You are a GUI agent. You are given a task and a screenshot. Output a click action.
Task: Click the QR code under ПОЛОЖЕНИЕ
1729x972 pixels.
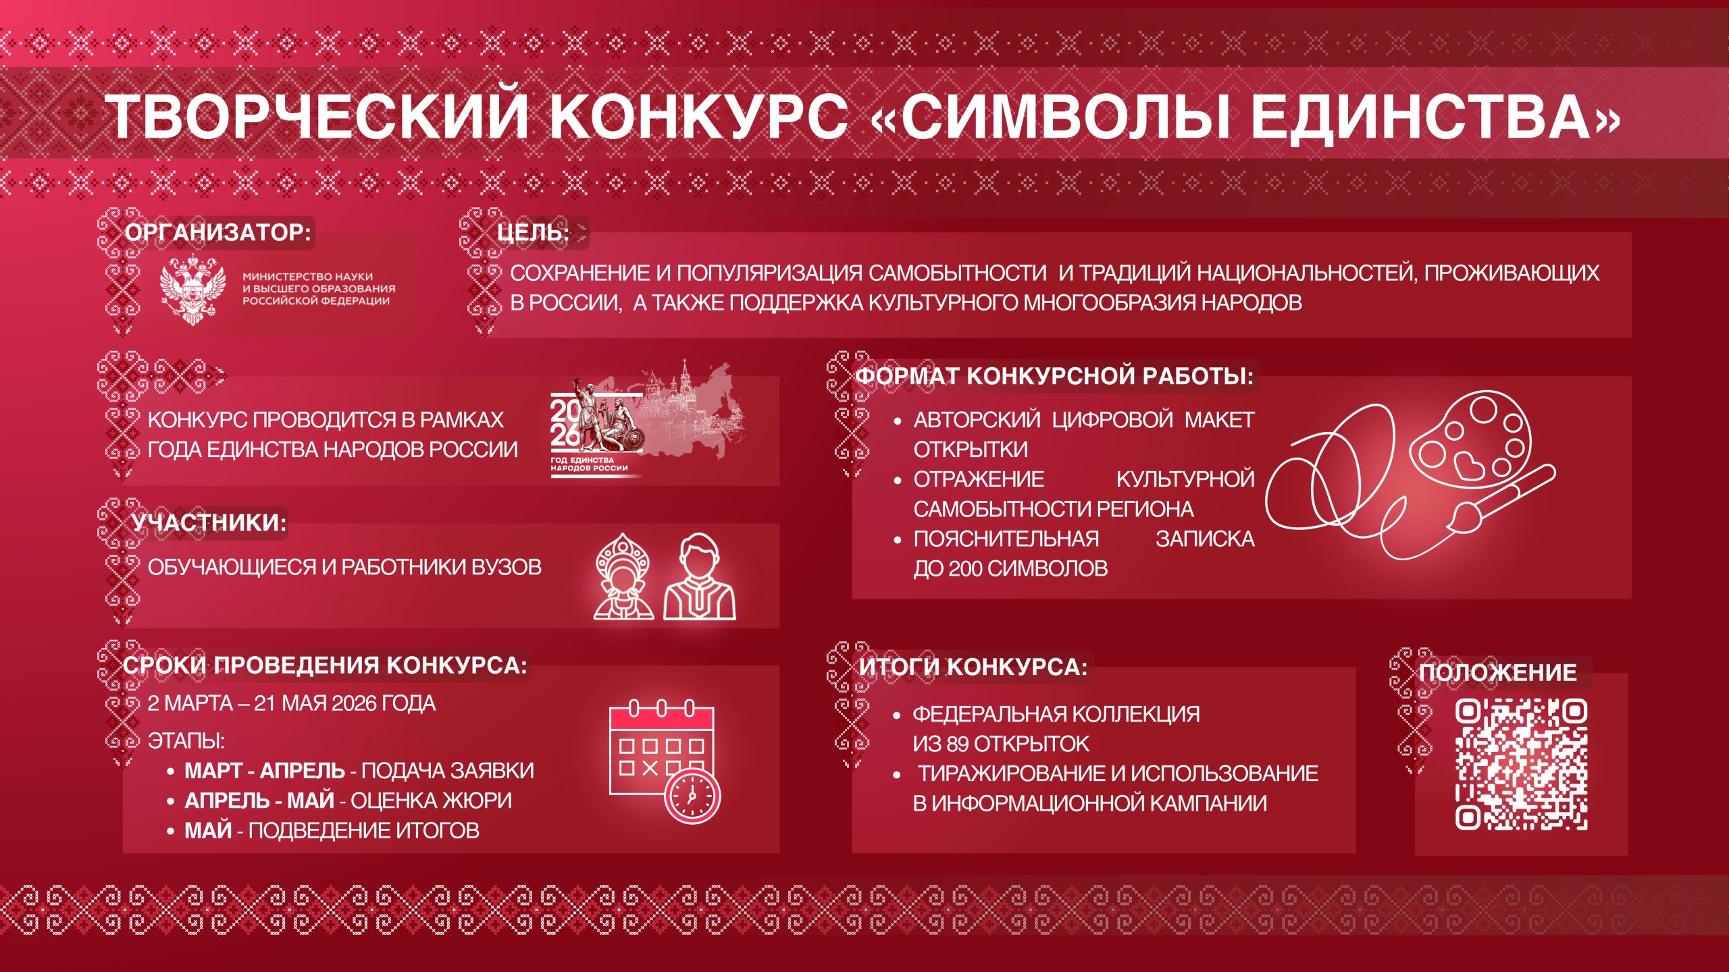pyautogui.click(x=1521, y=764)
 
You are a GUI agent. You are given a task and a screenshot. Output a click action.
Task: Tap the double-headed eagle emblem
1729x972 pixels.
pyautogui.click(x=192, y=290)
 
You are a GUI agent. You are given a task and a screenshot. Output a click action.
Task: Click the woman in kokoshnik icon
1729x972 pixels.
pyautogui.click(x=623, y=576)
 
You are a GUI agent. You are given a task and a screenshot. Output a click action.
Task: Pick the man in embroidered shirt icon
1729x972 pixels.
pyautogui.click(x=700, y=576)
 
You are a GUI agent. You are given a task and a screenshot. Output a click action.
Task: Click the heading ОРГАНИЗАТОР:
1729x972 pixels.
pyautogui.click(x=218, y=232)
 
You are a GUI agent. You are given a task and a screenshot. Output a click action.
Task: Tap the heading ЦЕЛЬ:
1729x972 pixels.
pyautogui.click(x=534, y=232)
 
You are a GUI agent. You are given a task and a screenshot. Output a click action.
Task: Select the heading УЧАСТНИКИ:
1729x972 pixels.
pyautogui.click(x=209, y=522)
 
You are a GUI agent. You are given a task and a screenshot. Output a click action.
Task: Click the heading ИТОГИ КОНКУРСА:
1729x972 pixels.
pyautogui.click(x=974, y=667)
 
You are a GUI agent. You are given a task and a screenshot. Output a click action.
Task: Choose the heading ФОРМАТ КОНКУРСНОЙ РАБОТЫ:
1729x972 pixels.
pyautogui.click(x=1054, y=376)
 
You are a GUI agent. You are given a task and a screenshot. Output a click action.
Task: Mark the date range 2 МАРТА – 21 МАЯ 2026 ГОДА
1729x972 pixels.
pyautogui.click(x=291, y=703)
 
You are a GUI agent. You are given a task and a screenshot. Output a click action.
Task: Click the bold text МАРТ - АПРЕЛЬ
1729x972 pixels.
pyautogui.click(x=265, y=771)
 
